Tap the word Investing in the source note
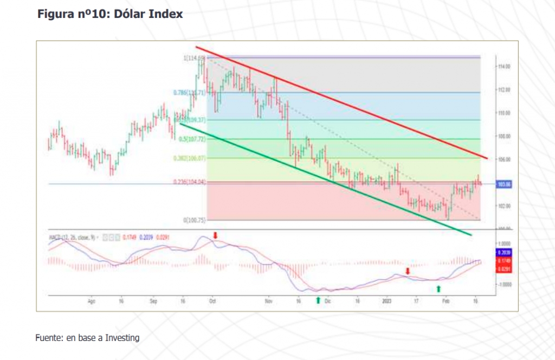[x=122, y=338]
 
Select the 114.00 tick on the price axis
[x=505, y=67]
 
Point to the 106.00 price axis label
[x=505, y=159]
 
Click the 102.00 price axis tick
[x=505, y=206]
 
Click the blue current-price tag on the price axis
[x=505, y=184]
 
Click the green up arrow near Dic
[x=318, y=300]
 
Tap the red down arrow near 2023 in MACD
[x=408, y=271]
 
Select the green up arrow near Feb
[x=440, y=289]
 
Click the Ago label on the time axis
[x=91, y=300]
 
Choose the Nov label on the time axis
[x=268, y=300]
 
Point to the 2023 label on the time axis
[x=386, y=300]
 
